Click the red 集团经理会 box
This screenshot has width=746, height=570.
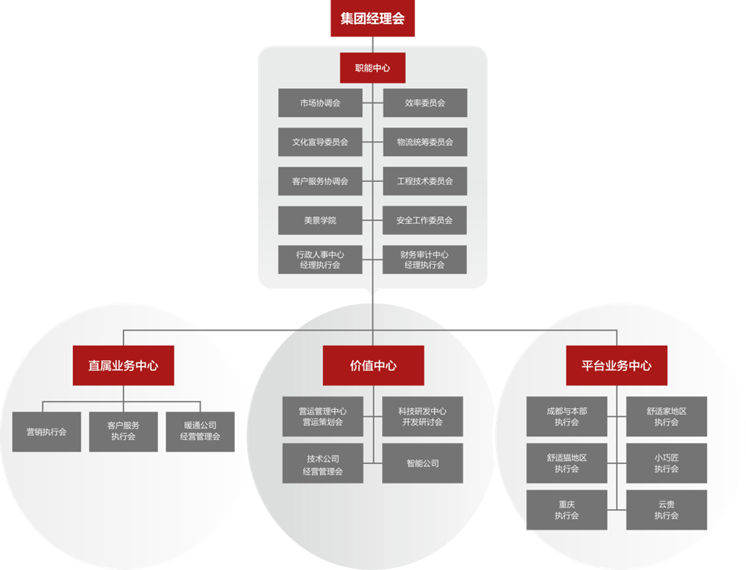[x=372, y=19]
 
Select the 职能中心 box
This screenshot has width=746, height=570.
[x=372, y=68]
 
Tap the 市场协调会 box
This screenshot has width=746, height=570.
[x=320, y=103]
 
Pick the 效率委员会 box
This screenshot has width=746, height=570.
[x=425, y=103]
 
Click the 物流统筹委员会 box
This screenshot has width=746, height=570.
[x=425, y=142]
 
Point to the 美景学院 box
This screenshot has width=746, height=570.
[x=320, y=220]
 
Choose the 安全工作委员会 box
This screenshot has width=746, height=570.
[x=425, y=220]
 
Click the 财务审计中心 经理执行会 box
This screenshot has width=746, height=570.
[x=425, y=260]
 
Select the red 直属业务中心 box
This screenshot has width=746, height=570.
[x=123, y=366]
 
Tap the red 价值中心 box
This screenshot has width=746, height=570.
[x=373, y=366]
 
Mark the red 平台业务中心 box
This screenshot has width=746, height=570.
[x=616, y=366]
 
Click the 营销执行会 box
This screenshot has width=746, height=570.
[x=47, y=431]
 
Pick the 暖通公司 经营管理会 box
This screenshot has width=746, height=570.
[x=200, y=431]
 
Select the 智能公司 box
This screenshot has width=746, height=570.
[x=423, y=463]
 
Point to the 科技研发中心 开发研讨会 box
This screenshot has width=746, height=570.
[x=423, y=416]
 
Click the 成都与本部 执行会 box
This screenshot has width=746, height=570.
[x=567, y=416]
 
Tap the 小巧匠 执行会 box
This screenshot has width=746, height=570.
[x=666, y=463]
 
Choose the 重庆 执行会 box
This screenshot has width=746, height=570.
[x=567, y=510]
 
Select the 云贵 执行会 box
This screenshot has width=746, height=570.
[x=666, y=510]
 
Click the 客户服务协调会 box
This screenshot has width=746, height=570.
[x=320, y=181]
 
